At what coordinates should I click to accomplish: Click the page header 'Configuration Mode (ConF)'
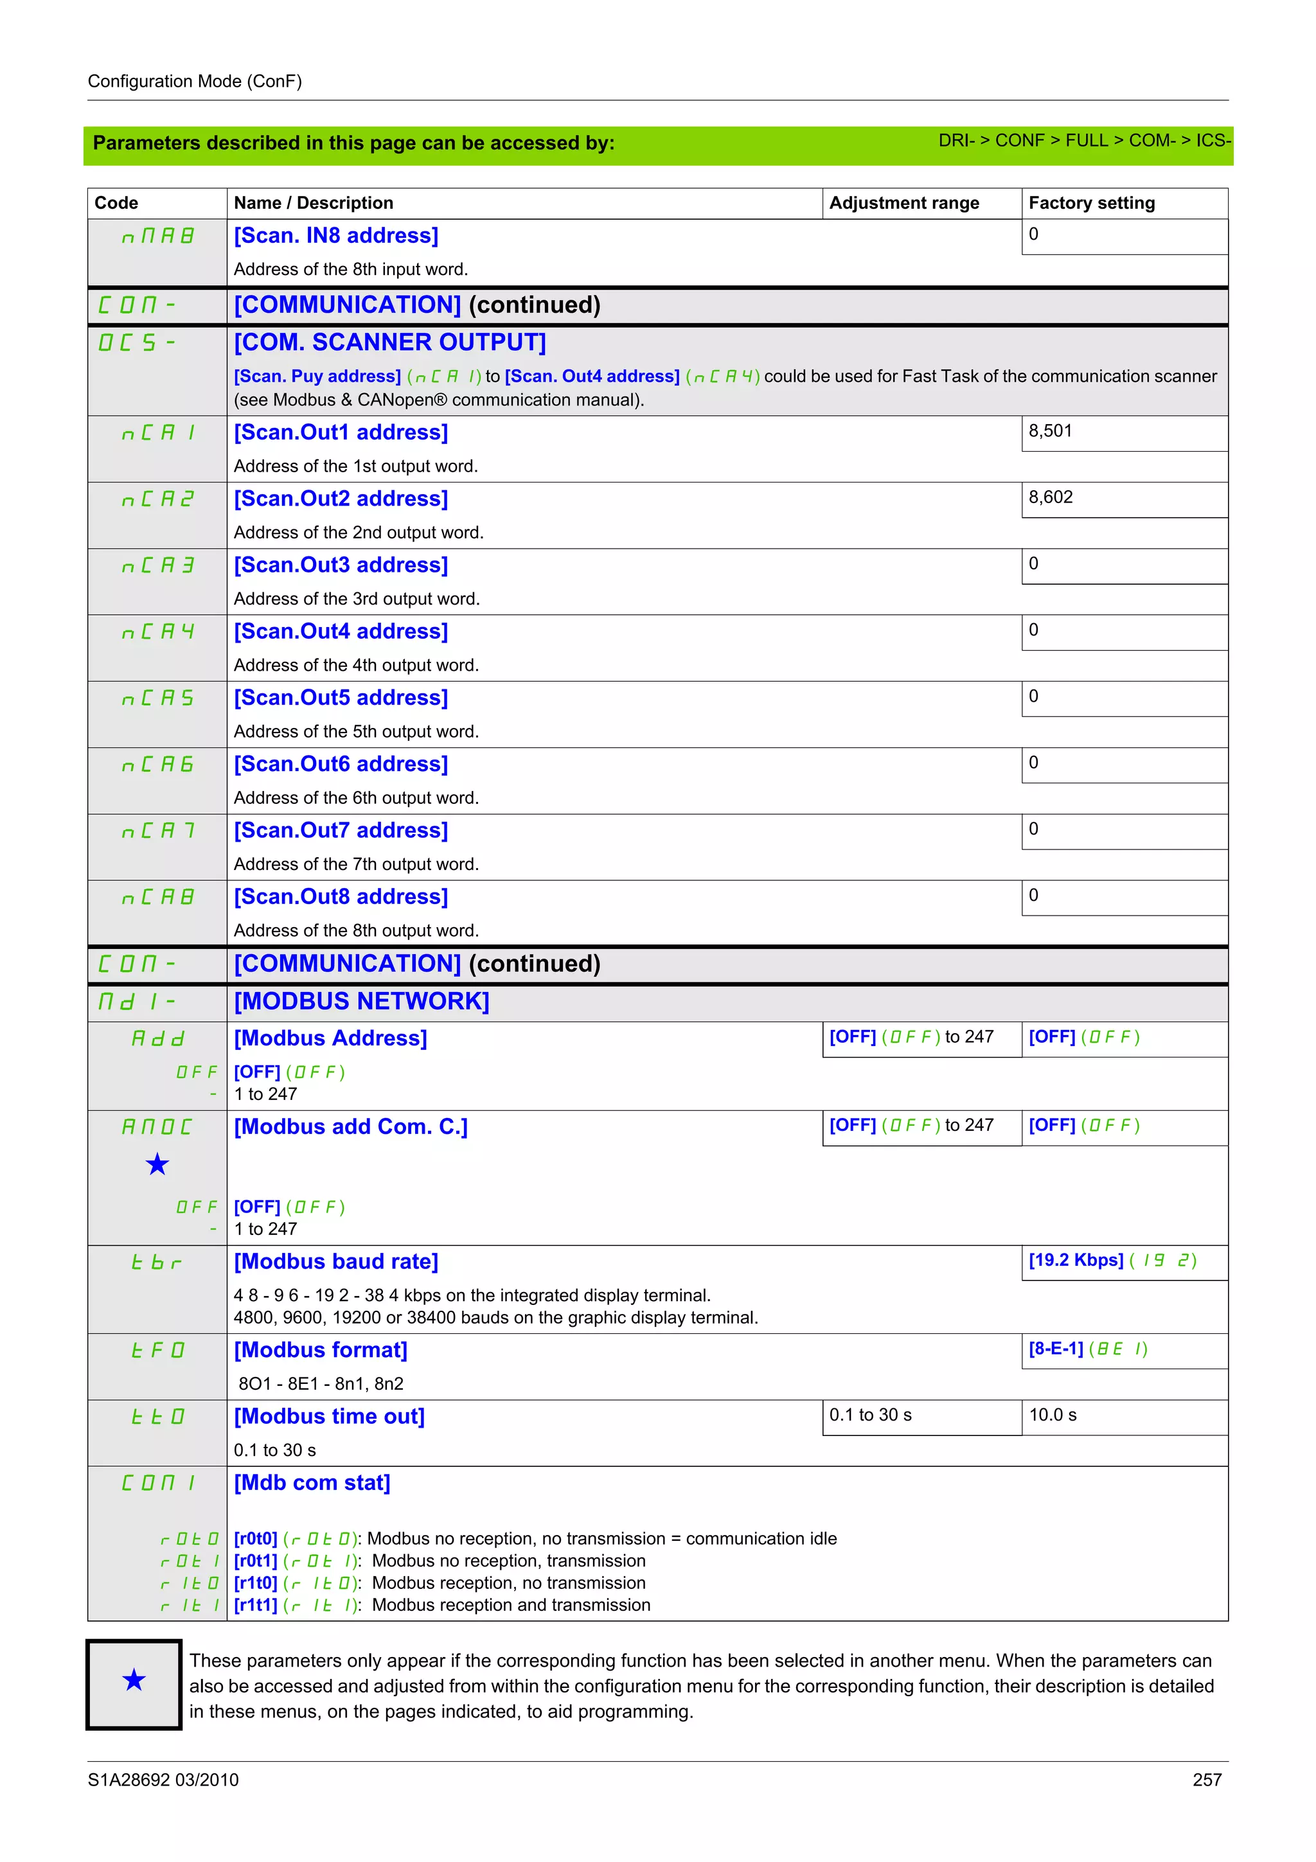195,81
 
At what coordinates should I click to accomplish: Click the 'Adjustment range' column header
903,203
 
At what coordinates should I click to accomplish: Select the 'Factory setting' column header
1090,203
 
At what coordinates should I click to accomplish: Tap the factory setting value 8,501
1050,430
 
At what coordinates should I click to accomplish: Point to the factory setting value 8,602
1050,497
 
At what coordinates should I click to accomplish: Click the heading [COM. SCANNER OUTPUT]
390,342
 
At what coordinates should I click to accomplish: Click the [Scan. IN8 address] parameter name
335,235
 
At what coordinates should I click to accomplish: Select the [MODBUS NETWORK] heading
362,1001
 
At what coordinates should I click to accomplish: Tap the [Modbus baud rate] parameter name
335,1261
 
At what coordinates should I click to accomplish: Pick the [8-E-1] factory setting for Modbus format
1056,1348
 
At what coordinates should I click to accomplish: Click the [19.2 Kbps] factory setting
1076,1259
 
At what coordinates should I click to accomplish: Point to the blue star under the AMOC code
157,1165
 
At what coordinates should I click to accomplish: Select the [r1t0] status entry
255,1583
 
